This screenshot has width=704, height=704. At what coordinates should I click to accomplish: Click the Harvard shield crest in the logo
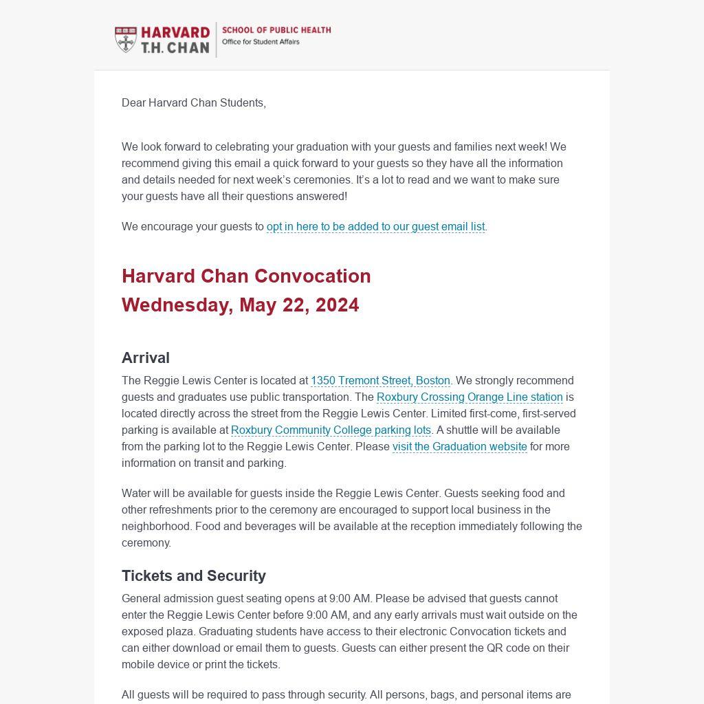pyautogui.click(x=126, y=40)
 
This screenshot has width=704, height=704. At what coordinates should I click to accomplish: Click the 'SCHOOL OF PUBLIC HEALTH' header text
pyautogui.click(x=276, y=30)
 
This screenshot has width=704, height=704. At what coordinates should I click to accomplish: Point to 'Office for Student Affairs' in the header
pyautogui.click(x=261, y=42)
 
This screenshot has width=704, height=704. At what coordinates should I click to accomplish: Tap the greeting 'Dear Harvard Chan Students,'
pyautogui.click(x=194, y=103)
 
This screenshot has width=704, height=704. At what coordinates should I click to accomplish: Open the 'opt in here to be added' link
pyautogui.click(x=375, y=227)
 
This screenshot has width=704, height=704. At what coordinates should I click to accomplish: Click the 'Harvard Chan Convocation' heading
pyautogui.click(x=246, y=276)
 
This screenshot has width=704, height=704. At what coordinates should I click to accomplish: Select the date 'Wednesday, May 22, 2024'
pyautogui.click(x=240, y=305)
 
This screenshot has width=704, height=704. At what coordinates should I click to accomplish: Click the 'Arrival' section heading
pyautogui.click(x=146, y=358)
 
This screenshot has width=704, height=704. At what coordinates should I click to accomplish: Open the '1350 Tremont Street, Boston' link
pyautogui.click(x=380, y=381)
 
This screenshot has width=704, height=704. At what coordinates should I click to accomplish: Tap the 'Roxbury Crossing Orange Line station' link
pyautogui.click(x=470, y=397)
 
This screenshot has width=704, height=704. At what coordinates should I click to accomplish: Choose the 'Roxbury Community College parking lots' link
pyautogui.click(x=331, y=430)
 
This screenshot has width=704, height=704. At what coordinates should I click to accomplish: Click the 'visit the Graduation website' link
pyautogui.click(x=459, y=447)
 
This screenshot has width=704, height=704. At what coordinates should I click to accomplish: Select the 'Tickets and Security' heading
pyautogui.click(x=194, y=576)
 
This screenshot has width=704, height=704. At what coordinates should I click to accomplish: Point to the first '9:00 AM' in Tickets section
pyautogui.click(x=351, y=599)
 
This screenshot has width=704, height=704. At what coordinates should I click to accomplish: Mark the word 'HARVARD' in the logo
pyautogui.click(x=175, y=33)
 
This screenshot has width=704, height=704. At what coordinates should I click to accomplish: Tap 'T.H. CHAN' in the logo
pyautogui.click(x=175, y=48)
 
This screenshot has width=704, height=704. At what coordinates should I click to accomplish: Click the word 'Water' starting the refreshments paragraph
pyautogui.click(x=136, y=494)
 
